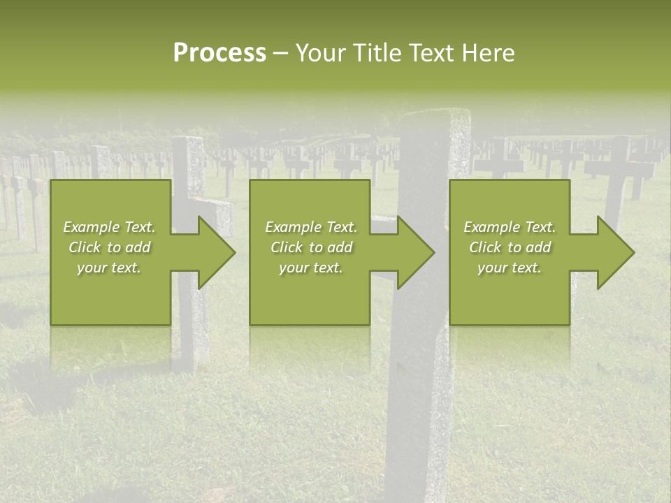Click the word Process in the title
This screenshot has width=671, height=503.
point(219,53)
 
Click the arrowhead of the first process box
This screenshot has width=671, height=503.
point(212,253)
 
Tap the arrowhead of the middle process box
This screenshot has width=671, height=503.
point(412,253)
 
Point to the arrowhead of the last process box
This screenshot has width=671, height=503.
point(612,253)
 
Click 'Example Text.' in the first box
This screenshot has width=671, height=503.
point(110,227)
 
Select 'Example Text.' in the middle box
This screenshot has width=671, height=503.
point(311,227)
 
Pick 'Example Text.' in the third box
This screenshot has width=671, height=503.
point(510,227)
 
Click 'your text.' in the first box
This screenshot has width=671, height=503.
point(109,268)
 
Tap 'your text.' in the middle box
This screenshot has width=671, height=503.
point(310,268)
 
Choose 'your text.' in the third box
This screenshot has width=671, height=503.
point(509,268)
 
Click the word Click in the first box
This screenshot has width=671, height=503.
point(85,247)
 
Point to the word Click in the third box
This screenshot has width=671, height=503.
point(486,247)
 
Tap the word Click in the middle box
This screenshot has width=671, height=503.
point(287,247)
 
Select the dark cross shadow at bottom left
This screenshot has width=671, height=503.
point(42,391)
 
